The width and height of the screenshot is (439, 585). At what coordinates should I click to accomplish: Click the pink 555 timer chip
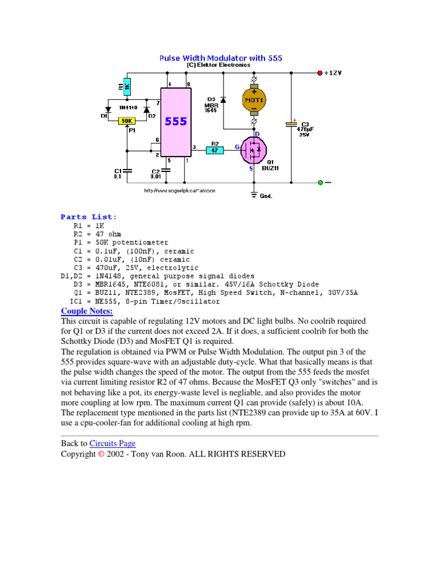point(176,122)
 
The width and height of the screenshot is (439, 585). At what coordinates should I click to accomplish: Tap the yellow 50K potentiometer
point(126,121)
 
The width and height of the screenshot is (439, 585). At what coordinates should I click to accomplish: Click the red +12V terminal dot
point(320,73)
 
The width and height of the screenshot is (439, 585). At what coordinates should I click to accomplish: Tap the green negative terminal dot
point(320,183)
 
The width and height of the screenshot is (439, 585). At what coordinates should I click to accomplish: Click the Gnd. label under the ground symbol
point(266,196)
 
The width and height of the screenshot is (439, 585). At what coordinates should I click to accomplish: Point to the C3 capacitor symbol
point(292,124)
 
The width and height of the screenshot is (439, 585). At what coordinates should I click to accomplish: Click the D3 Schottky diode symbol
point(223,99)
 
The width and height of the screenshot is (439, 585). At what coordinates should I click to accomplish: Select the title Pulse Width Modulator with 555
point(220,58)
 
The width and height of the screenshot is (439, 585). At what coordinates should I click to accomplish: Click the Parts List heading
point(89,217)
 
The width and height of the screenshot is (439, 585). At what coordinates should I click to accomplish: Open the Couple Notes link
point(87,311)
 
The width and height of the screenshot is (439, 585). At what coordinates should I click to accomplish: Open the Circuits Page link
point(113,443)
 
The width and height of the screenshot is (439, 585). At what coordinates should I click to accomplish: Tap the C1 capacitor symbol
point(127,170)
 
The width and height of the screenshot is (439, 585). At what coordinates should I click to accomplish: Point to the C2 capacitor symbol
point(166,170)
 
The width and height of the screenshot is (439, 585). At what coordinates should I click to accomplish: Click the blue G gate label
point(237,147)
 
